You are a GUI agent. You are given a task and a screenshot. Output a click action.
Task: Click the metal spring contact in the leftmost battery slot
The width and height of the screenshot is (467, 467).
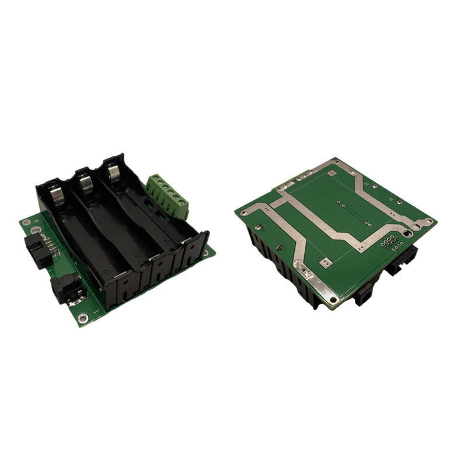(x=57, y=194)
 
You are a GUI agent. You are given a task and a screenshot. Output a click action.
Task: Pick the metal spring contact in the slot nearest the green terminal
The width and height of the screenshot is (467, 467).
(x=114, y=172)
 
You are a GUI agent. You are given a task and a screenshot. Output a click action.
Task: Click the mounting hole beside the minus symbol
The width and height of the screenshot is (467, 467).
(x=83, y=318)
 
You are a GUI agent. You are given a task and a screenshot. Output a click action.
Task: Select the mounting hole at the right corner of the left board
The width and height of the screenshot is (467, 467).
(x=205, y=252)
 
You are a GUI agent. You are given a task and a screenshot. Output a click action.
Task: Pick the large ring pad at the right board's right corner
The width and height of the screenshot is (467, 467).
(x=429, y=221)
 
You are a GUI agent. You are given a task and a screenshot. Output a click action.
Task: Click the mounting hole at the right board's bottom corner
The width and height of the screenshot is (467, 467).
(x=333, y=301)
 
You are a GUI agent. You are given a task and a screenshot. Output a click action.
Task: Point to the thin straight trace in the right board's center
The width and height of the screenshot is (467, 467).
(x=353, y=214)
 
